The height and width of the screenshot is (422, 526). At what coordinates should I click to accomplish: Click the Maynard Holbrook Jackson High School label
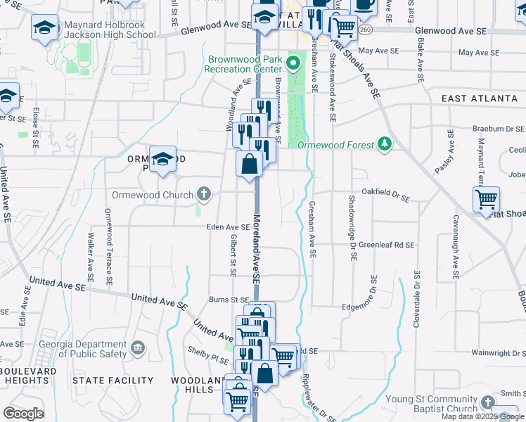point(105,30)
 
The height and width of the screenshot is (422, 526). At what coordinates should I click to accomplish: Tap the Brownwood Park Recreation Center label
point(243,65)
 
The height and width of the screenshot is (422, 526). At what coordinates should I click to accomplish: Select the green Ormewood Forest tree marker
point(384,144)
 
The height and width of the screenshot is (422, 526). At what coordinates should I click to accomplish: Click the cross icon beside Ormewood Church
point(204,193)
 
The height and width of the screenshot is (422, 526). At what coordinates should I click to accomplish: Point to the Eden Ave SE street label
point(228,227)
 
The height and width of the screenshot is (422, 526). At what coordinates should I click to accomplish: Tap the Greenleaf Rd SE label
point(386,245)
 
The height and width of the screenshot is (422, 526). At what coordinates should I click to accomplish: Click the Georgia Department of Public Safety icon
point(138,347)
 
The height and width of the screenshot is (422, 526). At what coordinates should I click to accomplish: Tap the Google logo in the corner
point(23,414)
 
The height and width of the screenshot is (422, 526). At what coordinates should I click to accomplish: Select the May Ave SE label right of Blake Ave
point(482,53)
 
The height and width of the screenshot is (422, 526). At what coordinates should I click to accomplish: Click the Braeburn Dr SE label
point(499,129)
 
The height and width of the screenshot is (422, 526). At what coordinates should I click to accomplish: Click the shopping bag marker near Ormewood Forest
point(250,165)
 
